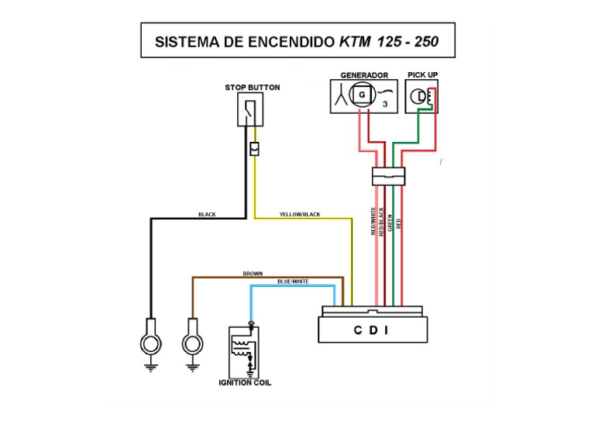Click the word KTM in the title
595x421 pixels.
click(355, 42)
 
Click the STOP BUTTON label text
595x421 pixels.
click(253, 88)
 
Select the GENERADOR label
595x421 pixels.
click(364, 75)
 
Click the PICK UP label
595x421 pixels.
click(422, 75)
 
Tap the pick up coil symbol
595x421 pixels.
click(422, 97)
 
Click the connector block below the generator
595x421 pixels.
click(388, 176)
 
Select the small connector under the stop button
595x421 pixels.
click(254, 148)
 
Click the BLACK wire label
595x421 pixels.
click(207, 214)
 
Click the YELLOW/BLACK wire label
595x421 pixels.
click(299, 214)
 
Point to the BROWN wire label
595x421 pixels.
click(253, 273)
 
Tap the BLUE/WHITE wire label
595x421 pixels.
click(293, 281)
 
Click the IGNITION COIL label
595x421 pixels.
click(244, 383)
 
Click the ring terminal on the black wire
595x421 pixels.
click(150, 342)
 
